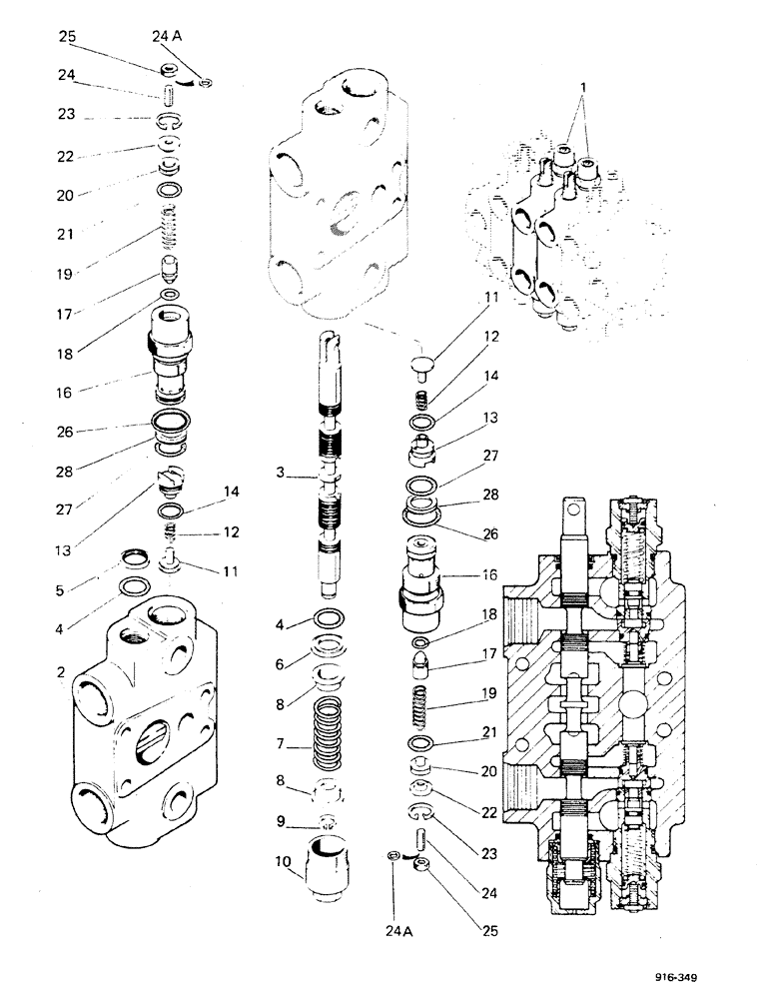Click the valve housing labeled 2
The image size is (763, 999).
[x=150, y=719]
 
